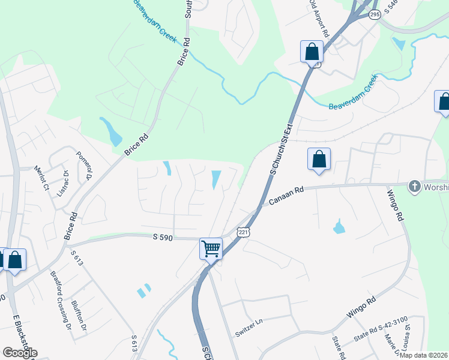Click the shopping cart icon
click(211, 248)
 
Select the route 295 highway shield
click(375, 15)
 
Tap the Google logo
click(19, 352)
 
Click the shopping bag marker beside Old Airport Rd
click(312, 52)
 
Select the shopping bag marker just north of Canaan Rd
click(319, 160)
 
